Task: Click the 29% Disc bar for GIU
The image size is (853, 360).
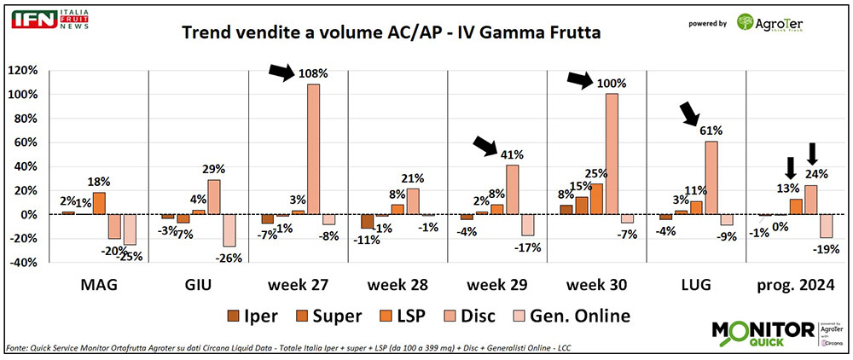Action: point(213,196)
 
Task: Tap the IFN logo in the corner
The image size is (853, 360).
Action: point(44,19)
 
